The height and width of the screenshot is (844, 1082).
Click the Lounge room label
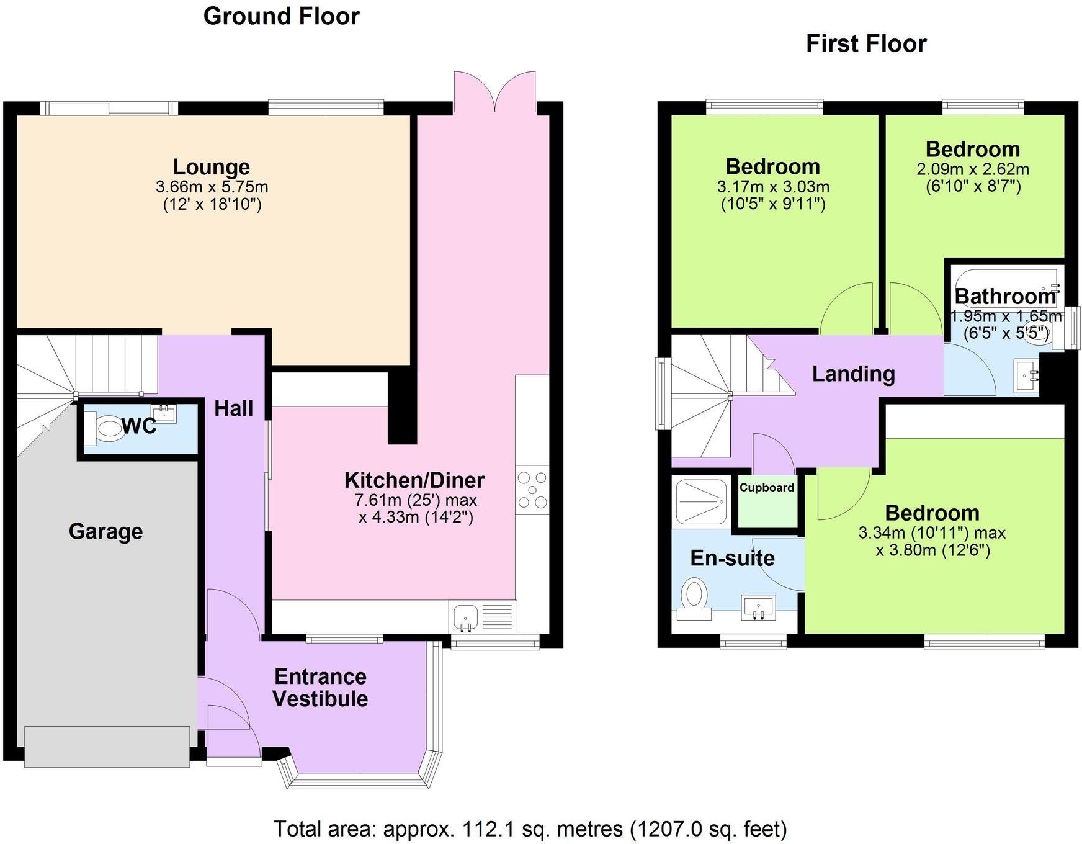pyautogui.click(x=211, y=166)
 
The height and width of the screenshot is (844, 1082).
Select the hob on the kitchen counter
pyautogui.click(x=532, y=490)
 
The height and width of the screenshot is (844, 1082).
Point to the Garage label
pyautogui.click(x=105, y=531)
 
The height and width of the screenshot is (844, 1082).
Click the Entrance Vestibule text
pyautogui.click(x=320, y=688)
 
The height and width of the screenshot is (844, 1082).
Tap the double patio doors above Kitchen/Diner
pyautogui.click(x=494, y=93)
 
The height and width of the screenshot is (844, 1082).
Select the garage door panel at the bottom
pyautogui.click(x=107, y=746)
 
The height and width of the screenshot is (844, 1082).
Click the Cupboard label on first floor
pyautogui.click(x=767, y=487)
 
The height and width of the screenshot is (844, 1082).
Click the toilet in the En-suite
pyautogui.click(x=694, y=597)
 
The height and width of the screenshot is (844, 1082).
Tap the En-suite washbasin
pyautogui.click(x=758, y=607)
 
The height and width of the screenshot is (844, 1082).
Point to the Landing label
pyautogui.click(x=853, y=374)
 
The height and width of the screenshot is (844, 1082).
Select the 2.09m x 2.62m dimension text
pyautogui.click(x=972, y=169)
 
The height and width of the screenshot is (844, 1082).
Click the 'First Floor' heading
pyautogui.click(x=865, y=43)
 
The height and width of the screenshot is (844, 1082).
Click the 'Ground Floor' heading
pyautogui.click(x=281, y=16)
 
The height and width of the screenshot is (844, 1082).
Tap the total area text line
pyautogui.click(x=530, y=828)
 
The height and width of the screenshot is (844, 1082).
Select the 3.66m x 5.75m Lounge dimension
pyautogui.click(x=212, y=186)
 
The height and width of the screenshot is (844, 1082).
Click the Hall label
pyautogui.click(x=233, y=408)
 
